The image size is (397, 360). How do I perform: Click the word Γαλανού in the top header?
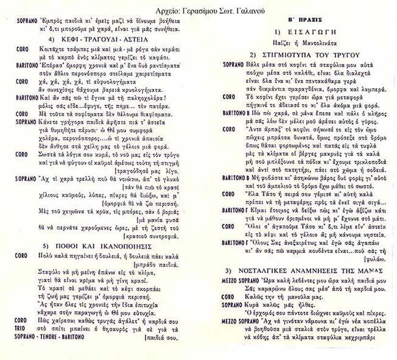point(259,7)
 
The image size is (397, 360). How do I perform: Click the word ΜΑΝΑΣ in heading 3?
point(359,269)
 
